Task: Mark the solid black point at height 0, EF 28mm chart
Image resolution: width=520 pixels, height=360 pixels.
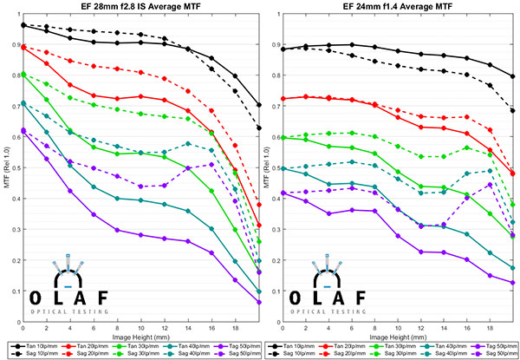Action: (23, 25)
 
